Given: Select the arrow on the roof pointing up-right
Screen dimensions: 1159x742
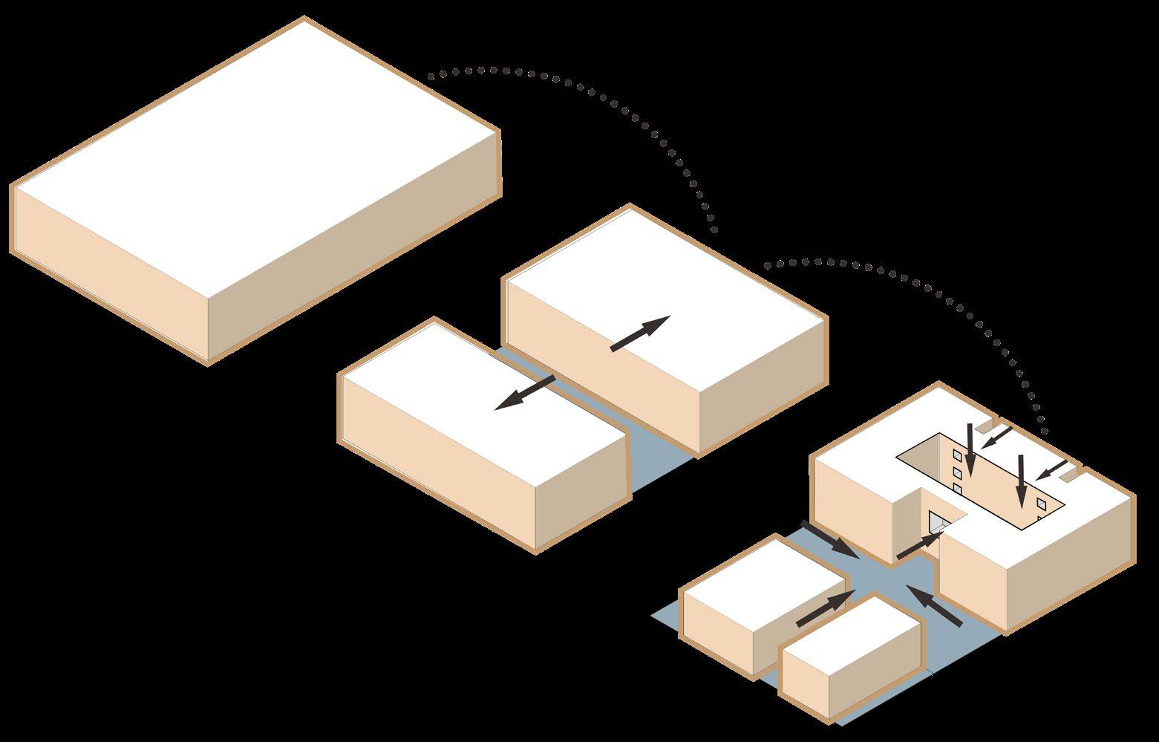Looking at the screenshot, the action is [639, 333].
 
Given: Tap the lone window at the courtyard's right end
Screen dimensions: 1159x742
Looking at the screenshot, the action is [1041, 504].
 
